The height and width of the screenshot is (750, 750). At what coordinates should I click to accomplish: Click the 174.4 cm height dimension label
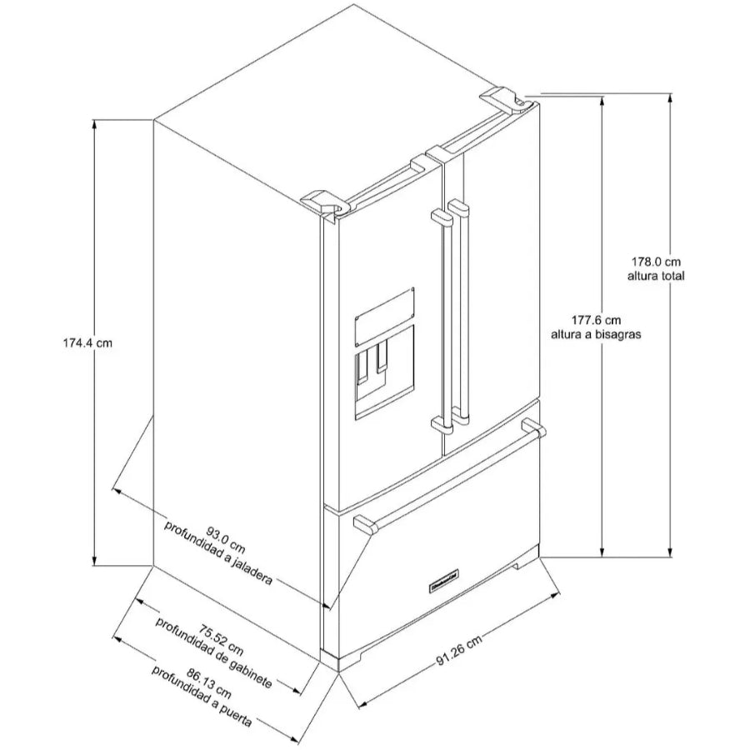(x=88, y=343)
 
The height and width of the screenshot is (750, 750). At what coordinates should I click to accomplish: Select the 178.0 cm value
(x=656, y=262)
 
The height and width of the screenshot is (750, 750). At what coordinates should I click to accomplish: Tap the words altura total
(x=656, y=276)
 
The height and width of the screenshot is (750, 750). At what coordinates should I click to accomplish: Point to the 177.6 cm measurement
(x=596, y=320)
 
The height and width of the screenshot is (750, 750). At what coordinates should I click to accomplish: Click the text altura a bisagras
(x=596, y=334)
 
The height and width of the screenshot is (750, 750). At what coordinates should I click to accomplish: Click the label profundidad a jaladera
(x=218, y=553)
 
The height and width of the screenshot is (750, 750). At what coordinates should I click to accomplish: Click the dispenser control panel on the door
(x=384, y=317)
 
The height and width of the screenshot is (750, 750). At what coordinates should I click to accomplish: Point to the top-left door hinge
(x=325, y=202)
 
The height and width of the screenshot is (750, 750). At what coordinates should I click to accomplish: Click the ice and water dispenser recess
(x=384, y=374)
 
